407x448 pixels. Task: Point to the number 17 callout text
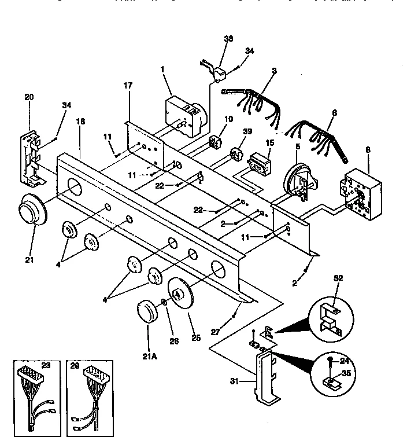tap(128, 85)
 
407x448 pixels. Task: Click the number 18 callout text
tap(80, 122)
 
